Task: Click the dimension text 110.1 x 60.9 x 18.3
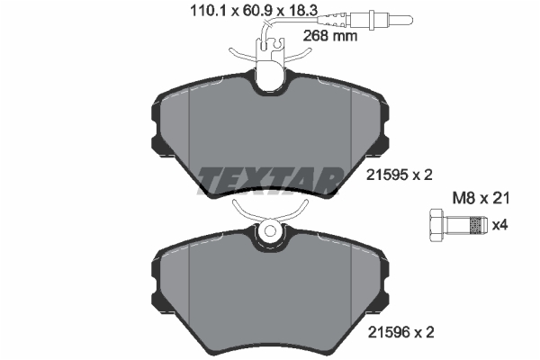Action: click(x=254, y=11)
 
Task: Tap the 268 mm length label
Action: click(x=330, y=36)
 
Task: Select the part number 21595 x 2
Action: click(x=399, y=175)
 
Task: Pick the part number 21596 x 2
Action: click(x=400, y=332)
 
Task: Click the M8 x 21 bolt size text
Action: click(x=481, y=198)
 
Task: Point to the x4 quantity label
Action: click(x=499, y=225)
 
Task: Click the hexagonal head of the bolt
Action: click(x=436, y=226)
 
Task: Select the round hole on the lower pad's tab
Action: click(x=270, y=231)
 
